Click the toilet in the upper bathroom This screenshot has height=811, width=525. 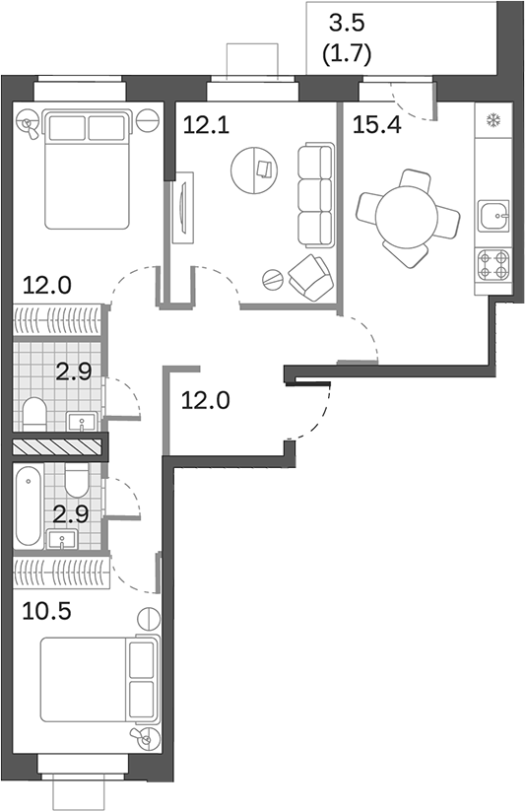click(33, 414)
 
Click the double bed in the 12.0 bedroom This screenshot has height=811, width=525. click(87, 164)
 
